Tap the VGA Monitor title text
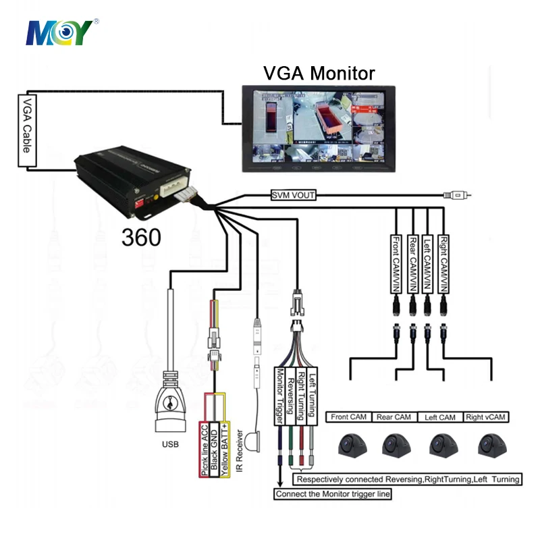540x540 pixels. pyautogui.click(x=318, y=73)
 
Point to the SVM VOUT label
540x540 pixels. pyautogui.click(x=293, y=196)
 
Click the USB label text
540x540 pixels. pyautogui.click(x=169, y=445)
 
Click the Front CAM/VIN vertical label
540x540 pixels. pyautogui.click(x=396, y=263)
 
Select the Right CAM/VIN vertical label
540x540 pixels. pyautogui.click(x=443, y=263)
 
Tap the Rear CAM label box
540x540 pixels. pyautogui.click(x=394, y=417)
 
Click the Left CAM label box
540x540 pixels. pyautogui.click(x=439, y=417)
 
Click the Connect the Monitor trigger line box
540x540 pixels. pyautogui.click(x=333, y=493)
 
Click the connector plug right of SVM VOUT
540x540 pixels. pyautogui.click(x=456, y=196)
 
